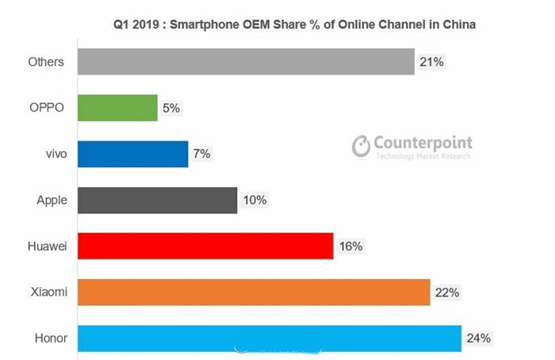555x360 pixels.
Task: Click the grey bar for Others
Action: tap(246, 62)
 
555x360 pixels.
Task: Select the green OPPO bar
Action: tap(117, 108)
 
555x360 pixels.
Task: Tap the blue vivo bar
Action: tap(132, 154)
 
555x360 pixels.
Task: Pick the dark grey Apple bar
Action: tap(157, 200)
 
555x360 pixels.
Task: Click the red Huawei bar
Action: tap(205, 246)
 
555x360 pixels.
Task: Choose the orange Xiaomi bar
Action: tap(254, 292)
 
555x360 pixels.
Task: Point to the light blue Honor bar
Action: tap(270, 339)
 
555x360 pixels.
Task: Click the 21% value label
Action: tap(431, 62)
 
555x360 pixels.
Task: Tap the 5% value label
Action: tap(171, 108)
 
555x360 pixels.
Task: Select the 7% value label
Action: tap(201, 154)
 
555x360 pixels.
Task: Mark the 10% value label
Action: tap(254, 200)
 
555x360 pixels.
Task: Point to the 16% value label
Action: tap(350, 246)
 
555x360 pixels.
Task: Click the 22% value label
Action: tap(446, 292)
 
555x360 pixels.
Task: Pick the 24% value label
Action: tap(478, 339)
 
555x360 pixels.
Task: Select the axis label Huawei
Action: tap(48, 246)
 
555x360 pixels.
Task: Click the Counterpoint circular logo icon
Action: tap(362, 146)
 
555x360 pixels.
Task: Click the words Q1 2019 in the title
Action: tap(138, 25)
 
